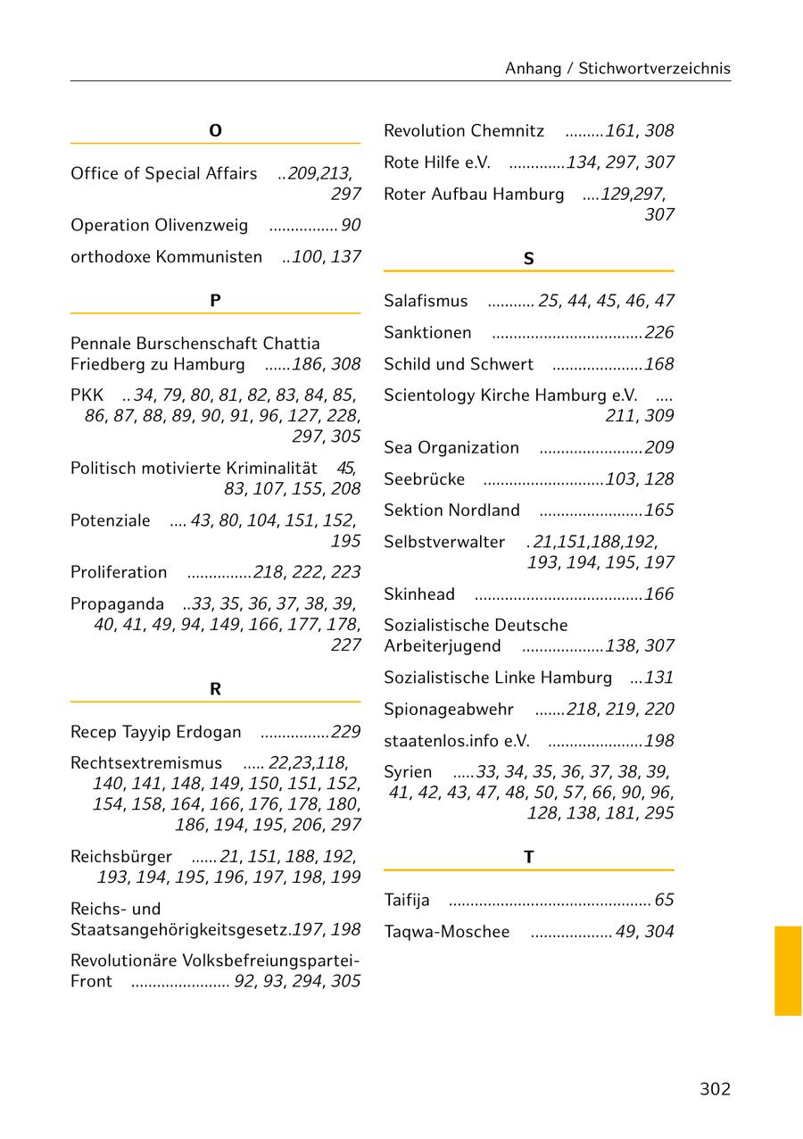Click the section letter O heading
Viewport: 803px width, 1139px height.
(x=215, y=131)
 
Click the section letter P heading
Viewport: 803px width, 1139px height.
(x=215, y=301)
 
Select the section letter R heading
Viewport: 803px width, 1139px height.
(x=215, y=689)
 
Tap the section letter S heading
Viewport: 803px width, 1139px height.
(x=528, y=259)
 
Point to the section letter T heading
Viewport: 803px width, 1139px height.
(x=528, y=857)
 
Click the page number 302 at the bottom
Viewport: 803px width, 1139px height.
(x=715, y=1088)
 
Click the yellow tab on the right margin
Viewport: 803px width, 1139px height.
(x=788, y=970)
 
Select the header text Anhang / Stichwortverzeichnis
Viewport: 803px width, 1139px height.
(x=617, y=68)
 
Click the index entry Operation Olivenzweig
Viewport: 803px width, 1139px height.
(x=160, y=225)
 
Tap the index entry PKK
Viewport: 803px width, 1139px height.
(x=87, y=395)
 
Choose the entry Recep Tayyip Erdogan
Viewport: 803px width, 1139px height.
(x=156, y=732)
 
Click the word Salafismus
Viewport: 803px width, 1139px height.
(x=426, y=301)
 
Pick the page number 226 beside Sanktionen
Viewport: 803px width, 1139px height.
(x=659, y=333)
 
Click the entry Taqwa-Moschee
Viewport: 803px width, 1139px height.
(x=447, y=932)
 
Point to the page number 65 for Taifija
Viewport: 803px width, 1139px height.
(x=665, y=900)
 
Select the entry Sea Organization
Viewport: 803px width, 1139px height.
(x=451, y=447)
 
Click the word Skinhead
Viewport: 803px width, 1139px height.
(x=419, y=594)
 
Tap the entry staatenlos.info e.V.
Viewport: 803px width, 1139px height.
(x=457, y=741)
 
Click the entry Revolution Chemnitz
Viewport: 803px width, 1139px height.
(x=464, y=131)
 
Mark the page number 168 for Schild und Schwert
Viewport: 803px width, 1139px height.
(x=659, y=364)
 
